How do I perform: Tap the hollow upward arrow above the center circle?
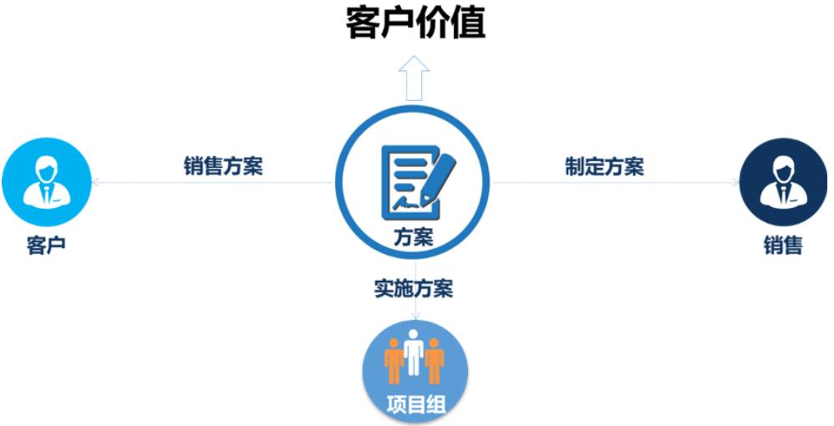click(x=414, y=78)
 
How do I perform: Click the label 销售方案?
click(x=223, y=166)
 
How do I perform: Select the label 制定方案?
click(x=604, y=166)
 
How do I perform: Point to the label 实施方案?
click(x=414, y=288)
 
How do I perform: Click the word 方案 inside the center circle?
click(x=414, y=237)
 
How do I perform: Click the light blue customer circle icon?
click(x=47, y=182)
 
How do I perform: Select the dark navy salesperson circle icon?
click(x=784, y=182)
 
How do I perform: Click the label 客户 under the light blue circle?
click(x=46, y=246)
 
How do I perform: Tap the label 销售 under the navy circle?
click(x=783, y=246)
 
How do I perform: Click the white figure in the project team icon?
click(x=414, y=352)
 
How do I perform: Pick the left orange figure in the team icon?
click(x=394, y=361)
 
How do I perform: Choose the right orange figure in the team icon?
click(x=435, y=361)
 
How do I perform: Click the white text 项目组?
click(x=415, y=405)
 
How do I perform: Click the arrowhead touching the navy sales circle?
click(x=735, y=182)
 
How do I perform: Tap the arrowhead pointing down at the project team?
click(x=415, y=317)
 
